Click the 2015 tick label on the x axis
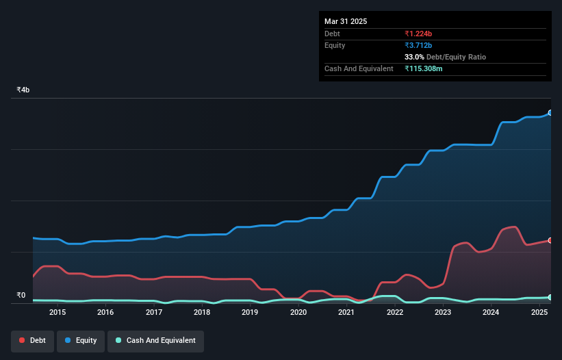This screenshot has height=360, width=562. pos(58,313)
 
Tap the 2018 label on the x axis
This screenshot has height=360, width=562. pos(202,313)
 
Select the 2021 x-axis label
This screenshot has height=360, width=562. pos(346,313)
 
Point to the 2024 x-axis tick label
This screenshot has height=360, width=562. pos(491,313)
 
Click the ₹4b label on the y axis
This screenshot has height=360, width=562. pos(23,90)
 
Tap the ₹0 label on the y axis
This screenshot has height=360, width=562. pos(21,296)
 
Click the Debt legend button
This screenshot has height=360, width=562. pos(32,340)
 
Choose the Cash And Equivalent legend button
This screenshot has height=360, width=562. pos(155,340)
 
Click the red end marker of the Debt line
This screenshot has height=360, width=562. pos(550,240)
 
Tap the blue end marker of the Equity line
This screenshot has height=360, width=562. pos(550,113)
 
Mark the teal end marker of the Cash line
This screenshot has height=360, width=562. pos(550,297)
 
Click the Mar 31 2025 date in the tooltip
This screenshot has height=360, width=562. pos(346,21)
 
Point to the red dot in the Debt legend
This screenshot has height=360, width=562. pos(23,340)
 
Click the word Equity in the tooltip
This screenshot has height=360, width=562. pos(335,45)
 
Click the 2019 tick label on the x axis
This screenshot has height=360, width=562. pos(250,313)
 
